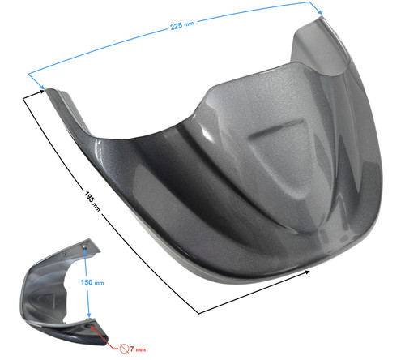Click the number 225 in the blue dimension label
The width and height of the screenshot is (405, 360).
[x=177, y=26]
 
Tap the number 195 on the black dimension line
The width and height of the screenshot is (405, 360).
[x=89, y=197]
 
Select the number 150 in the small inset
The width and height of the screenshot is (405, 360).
[x=87, y=282]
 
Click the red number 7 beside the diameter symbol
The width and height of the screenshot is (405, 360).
[x=132, y=349]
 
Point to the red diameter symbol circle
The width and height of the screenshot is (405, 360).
[x=124, y=349]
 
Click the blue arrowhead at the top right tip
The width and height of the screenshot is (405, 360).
[x=319, y=11]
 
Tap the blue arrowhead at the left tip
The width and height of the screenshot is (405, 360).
[x=41, y=86]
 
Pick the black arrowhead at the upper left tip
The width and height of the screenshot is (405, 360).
[x=41, y=92]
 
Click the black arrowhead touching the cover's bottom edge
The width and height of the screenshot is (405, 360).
[x=306, y=272]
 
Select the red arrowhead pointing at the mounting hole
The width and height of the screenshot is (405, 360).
[x=92, y=328]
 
